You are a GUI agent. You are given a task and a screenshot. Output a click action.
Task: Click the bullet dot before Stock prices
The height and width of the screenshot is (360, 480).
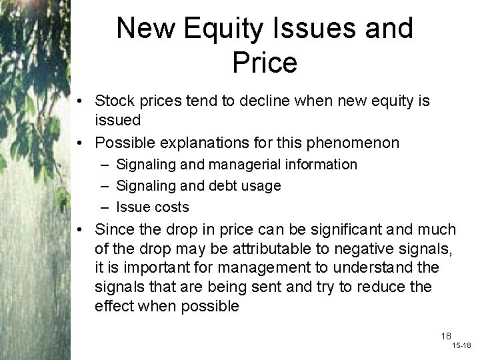80,101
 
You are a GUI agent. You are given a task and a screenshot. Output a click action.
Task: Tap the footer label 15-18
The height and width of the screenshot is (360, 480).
461,347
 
